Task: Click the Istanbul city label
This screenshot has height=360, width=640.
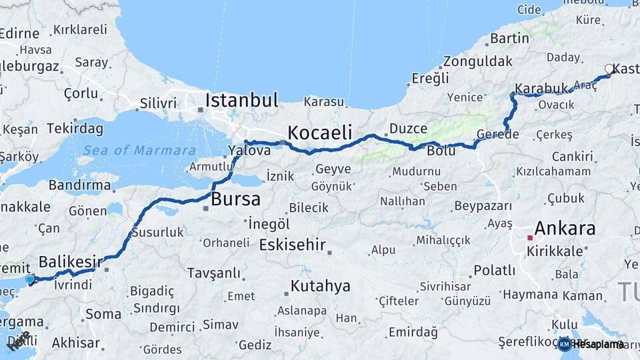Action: (241, 101)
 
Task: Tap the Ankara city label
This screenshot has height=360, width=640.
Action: (565, 229)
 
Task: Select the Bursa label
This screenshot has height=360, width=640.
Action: (235, 199)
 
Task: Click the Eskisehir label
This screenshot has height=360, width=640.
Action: (292, 245)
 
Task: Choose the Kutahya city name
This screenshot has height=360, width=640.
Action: (320, 287)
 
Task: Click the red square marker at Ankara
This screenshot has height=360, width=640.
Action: (530, 237)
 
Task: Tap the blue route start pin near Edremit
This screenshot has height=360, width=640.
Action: (29, 279)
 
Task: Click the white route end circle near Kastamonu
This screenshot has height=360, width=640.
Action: (609, 69)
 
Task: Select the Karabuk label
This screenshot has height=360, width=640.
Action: (541, 88)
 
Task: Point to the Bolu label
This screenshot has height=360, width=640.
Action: (441, 151)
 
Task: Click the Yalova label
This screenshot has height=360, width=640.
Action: (249, 151)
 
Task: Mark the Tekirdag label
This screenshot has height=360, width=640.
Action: (75, 128)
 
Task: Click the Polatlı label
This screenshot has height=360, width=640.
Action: (494, 271)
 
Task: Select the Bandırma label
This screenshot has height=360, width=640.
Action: (79, 185)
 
